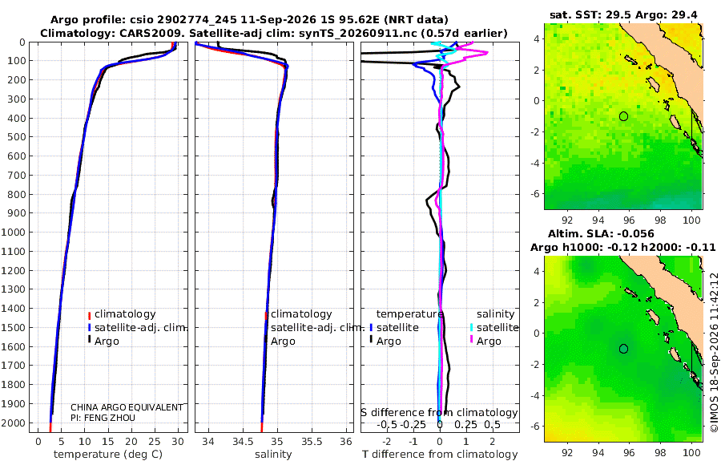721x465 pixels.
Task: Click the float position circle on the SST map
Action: pyautogui.click(x=623, y=116)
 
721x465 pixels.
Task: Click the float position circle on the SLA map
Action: pyautogui.click(x=623, y=349)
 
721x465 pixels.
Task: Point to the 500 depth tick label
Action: pyautogui.click(x=16, y=137)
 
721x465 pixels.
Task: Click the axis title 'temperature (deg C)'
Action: pyautogui.click(x=108, y=455)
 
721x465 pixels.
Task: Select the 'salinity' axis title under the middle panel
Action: pyautogui.click(x=273, y=455)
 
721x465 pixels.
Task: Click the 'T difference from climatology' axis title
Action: pyautogui.click(x=440, y=455)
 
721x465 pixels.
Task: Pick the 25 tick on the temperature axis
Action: pyautogui.click(x=155, y=442)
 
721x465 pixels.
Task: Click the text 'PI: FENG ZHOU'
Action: pyautogui.click(x=103, y=418)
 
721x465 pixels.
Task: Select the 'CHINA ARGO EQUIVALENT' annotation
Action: pyautogui.click(x=127, y=407)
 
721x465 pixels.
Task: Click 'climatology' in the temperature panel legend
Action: pyautogui.click(x=125, y=314)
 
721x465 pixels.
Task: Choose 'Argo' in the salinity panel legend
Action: pyautogui.click(x=283, y=342)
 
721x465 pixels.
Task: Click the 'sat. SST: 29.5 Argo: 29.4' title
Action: pyautogui.click(x=623, y=15)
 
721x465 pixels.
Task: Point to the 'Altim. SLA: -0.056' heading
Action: pyautogui.click(x=601, y=234)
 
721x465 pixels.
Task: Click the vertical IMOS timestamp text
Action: pyautogui.click(x=714, y=352)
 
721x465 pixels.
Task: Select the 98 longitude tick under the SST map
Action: pyautogui.click(x=660, y=220)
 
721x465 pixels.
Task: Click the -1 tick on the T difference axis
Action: pyautogui.click(x=413, y=442)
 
